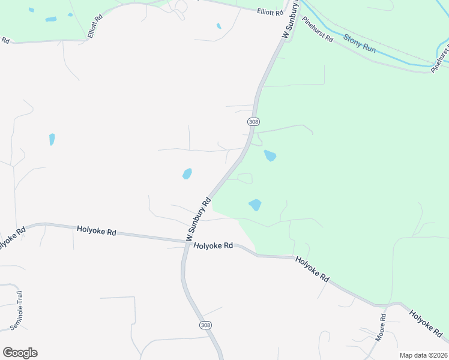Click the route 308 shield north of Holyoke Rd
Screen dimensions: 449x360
[x=253, y=121]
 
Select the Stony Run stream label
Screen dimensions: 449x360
[x=360, y=43]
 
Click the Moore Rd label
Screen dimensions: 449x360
[x=381, y=328]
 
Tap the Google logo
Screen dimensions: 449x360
[x=20, y=353]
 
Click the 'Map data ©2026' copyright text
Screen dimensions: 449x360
[x=424, y=355]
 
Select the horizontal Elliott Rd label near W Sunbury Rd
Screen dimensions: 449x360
[x=270, y=11]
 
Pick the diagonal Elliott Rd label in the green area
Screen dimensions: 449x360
[x=95, y=26]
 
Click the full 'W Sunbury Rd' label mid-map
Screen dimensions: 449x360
[x=199, y=219]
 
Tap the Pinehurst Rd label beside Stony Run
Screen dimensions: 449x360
[x=318, y=28]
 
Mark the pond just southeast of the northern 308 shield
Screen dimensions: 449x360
[x=270, y=156]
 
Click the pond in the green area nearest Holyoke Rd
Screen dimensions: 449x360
[x=255, y=205]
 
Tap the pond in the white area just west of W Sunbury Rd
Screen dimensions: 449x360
[x=187, y=173]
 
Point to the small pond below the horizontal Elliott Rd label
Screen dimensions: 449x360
[x=218, y=26]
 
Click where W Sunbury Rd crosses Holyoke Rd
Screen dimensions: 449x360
[x=185, y=243]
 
